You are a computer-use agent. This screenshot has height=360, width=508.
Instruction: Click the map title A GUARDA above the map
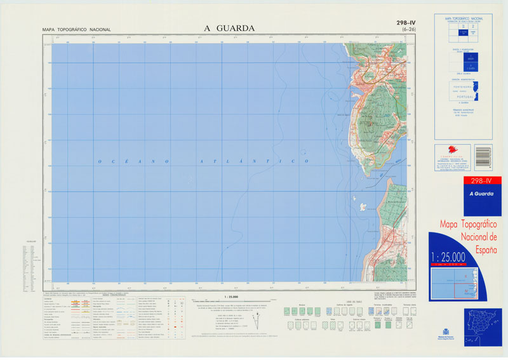pos(229,28)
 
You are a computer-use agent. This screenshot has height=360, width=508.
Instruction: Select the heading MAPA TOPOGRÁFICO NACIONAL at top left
pos(76,30)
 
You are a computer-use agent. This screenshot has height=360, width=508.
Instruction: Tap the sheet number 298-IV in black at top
pos(406,23)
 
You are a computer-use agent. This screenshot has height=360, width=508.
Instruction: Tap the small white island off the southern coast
pos(363,206)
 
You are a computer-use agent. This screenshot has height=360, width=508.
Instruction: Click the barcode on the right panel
pos(483,156)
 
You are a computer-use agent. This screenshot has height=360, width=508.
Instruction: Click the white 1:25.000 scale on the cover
pos(448,257)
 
